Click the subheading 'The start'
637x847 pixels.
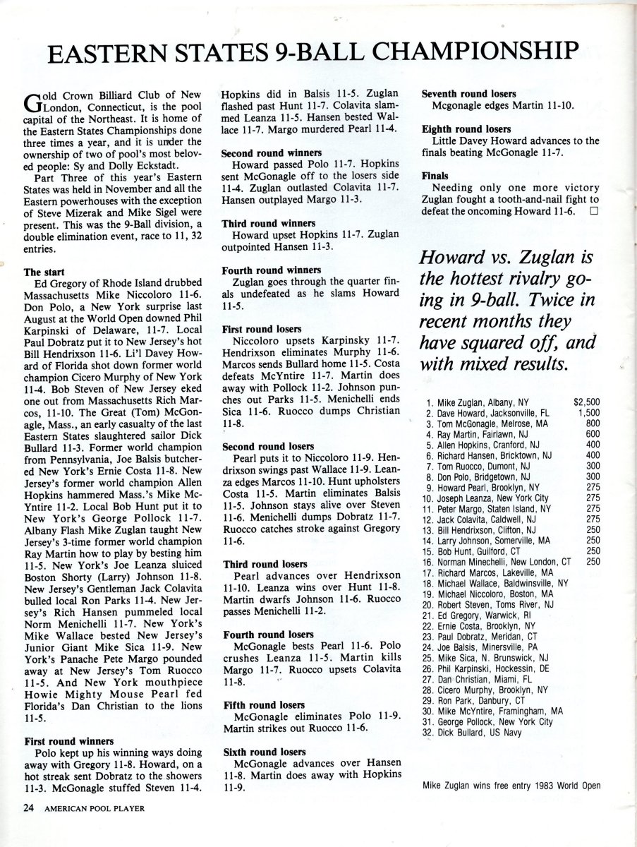[x=45, y=271]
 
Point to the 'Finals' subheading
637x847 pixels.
[x=435, y=175]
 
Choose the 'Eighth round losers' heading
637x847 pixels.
[x=466, y=130]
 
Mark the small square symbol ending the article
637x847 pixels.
[x=594, y=210]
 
